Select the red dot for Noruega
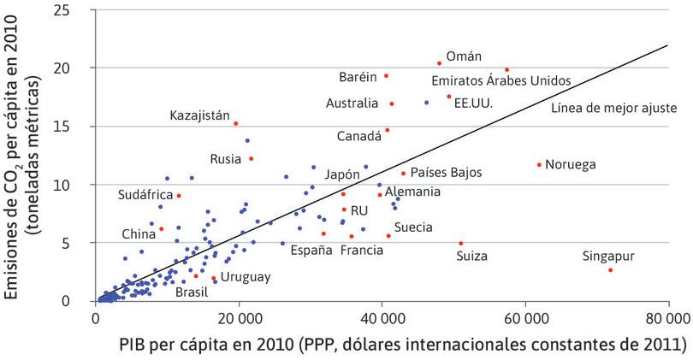click(539, 165)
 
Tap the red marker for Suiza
click(461, 243)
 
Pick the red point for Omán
click(440, 63)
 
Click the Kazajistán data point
click(236, 123)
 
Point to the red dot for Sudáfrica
click(179, 196)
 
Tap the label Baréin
click(358, 77)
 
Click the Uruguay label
click(246, 277)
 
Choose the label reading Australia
click(352, 103)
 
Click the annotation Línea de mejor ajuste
click(614, 109)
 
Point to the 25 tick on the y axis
click(76, 9)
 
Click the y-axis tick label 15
click(76, 126)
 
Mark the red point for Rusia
click(251, 158)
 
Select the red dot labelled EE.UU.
click(449, 97)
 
